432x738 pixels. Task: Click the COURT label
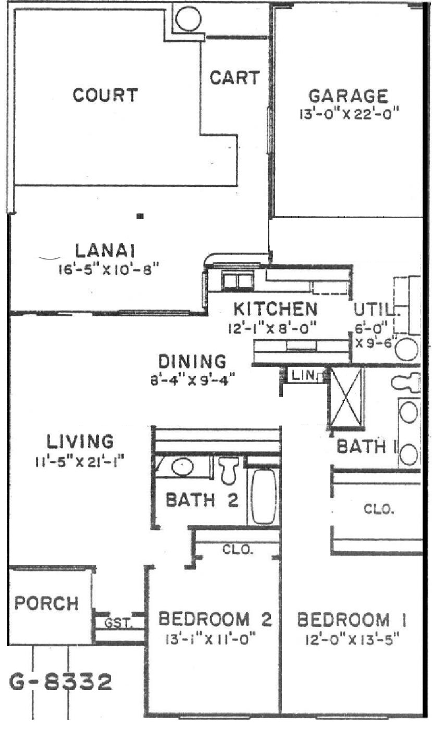click(105, 95)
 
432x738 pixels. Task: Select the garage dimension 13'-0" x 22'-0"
click(349, 114)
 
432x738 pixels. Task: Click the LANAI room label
click(105, 251)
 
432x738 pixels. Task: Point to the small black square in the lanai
click(140, 216)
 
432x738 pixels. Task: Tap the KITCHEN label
click(275, 309)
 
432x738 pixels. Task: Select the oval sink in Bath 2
click(183, 467)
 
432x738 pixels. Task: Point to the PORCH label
click(46, 603)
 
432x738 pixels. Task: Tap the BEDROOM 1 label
click(352, 620)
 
